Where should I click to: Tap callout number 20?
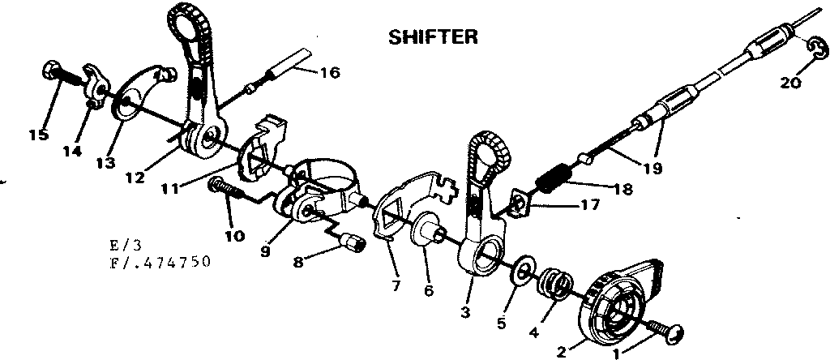click(791, 81)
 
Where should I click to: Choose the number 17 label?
click(591, 205)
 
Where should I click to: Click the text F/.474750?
click(162, 262)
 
